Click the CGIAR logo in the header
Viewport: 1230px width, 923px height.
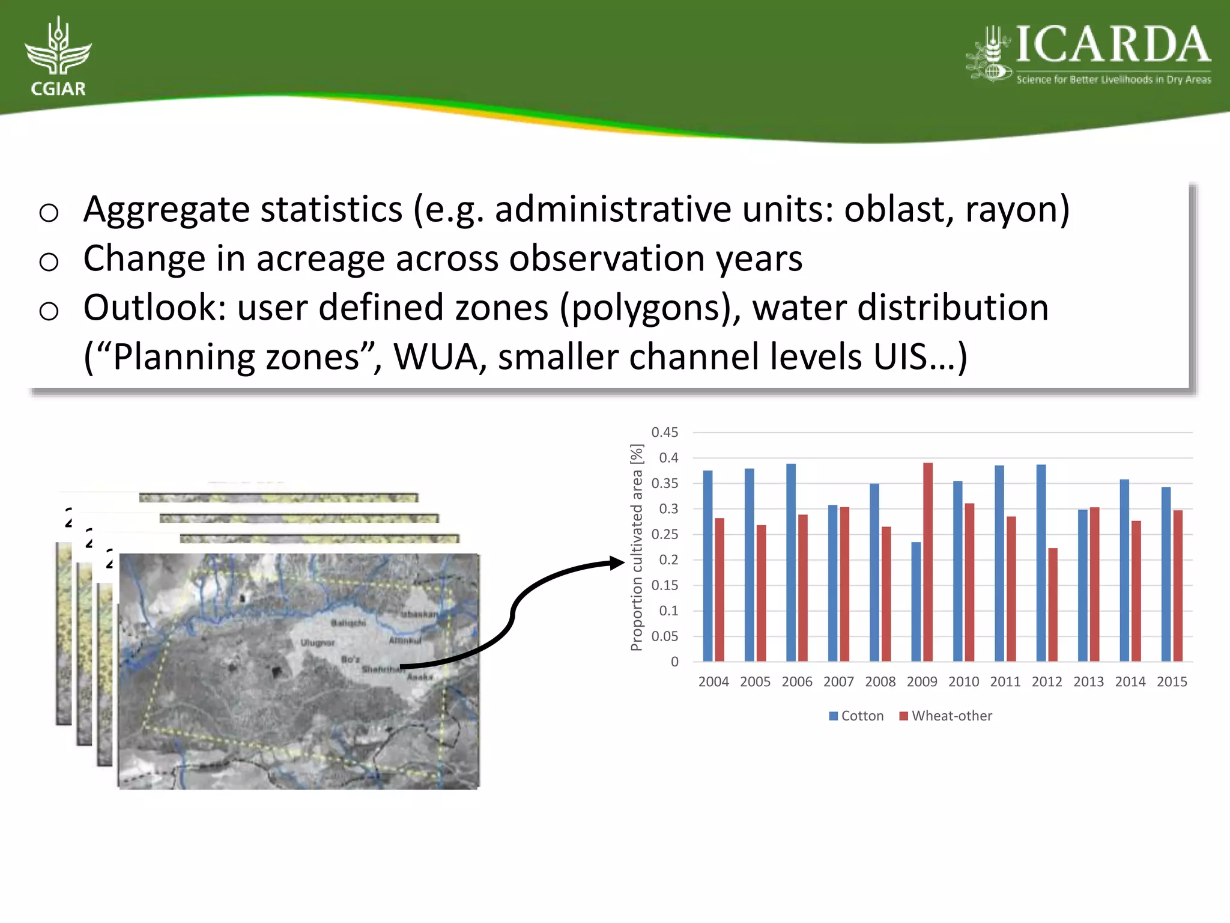58,57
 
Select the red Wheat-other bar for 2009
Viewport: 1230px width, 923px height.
928,562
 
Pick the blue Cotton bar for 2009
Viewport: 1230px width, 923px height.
916,601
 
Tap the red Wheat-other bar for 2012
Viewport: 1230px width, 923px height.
1053,604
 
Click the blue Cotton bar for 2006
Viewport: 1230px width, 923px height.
791,562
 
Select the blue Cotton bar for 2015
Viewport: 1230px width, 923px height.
1166,574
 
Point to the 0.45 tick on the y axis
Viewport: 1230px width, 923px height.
665,432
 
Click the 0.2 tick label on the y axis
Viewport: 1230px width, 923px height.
668,559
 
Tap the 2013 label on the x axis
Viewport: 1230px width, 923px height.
1088,681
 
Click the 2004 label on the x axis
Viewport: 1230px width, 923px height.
713,681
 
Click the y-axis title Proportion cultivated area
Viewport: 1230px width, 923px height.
637,547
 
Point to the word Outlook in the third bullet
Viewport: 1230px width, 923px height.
154,308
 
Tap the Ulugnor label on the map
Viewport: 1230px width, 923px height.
318,642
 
